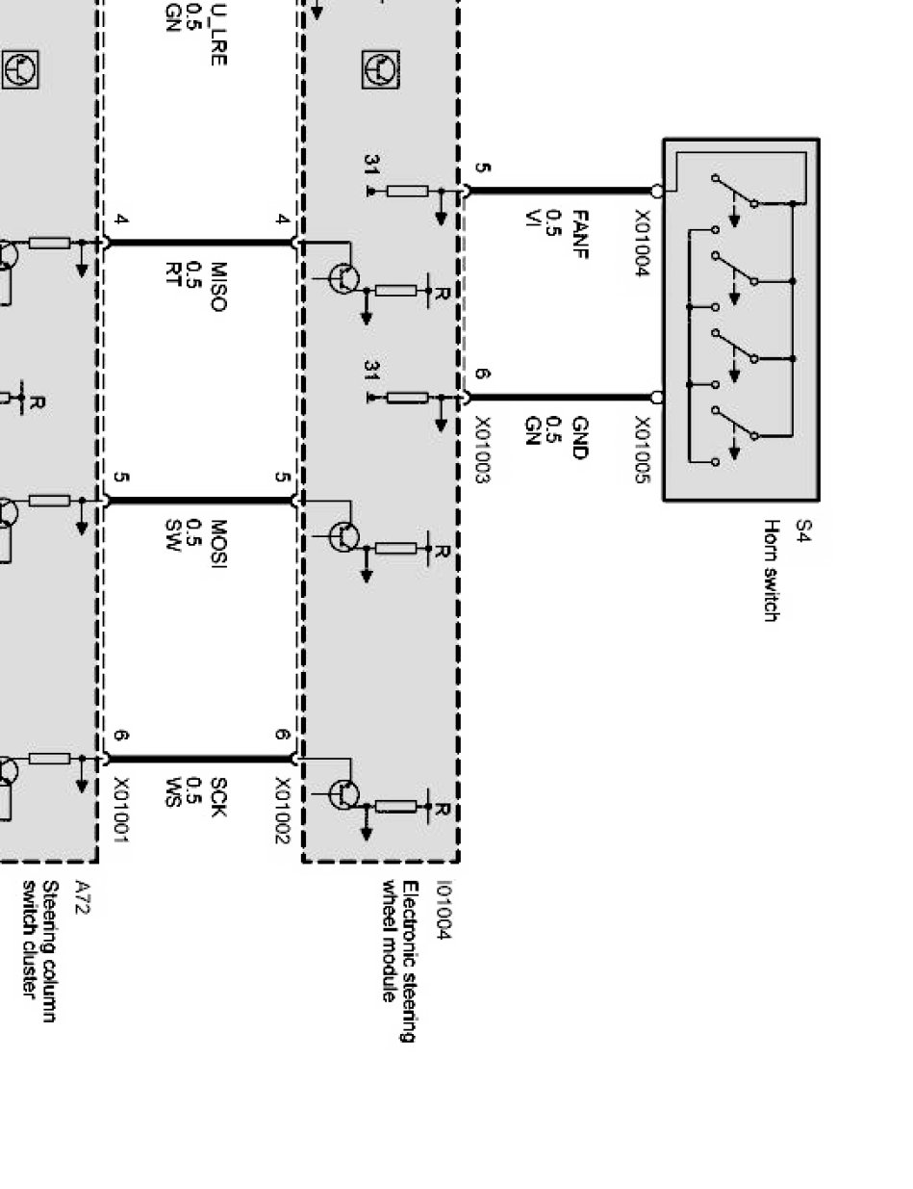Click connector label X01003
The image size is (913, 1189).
click(482, 451)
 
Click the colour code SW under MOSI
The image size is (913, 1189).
click(173, 532)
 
